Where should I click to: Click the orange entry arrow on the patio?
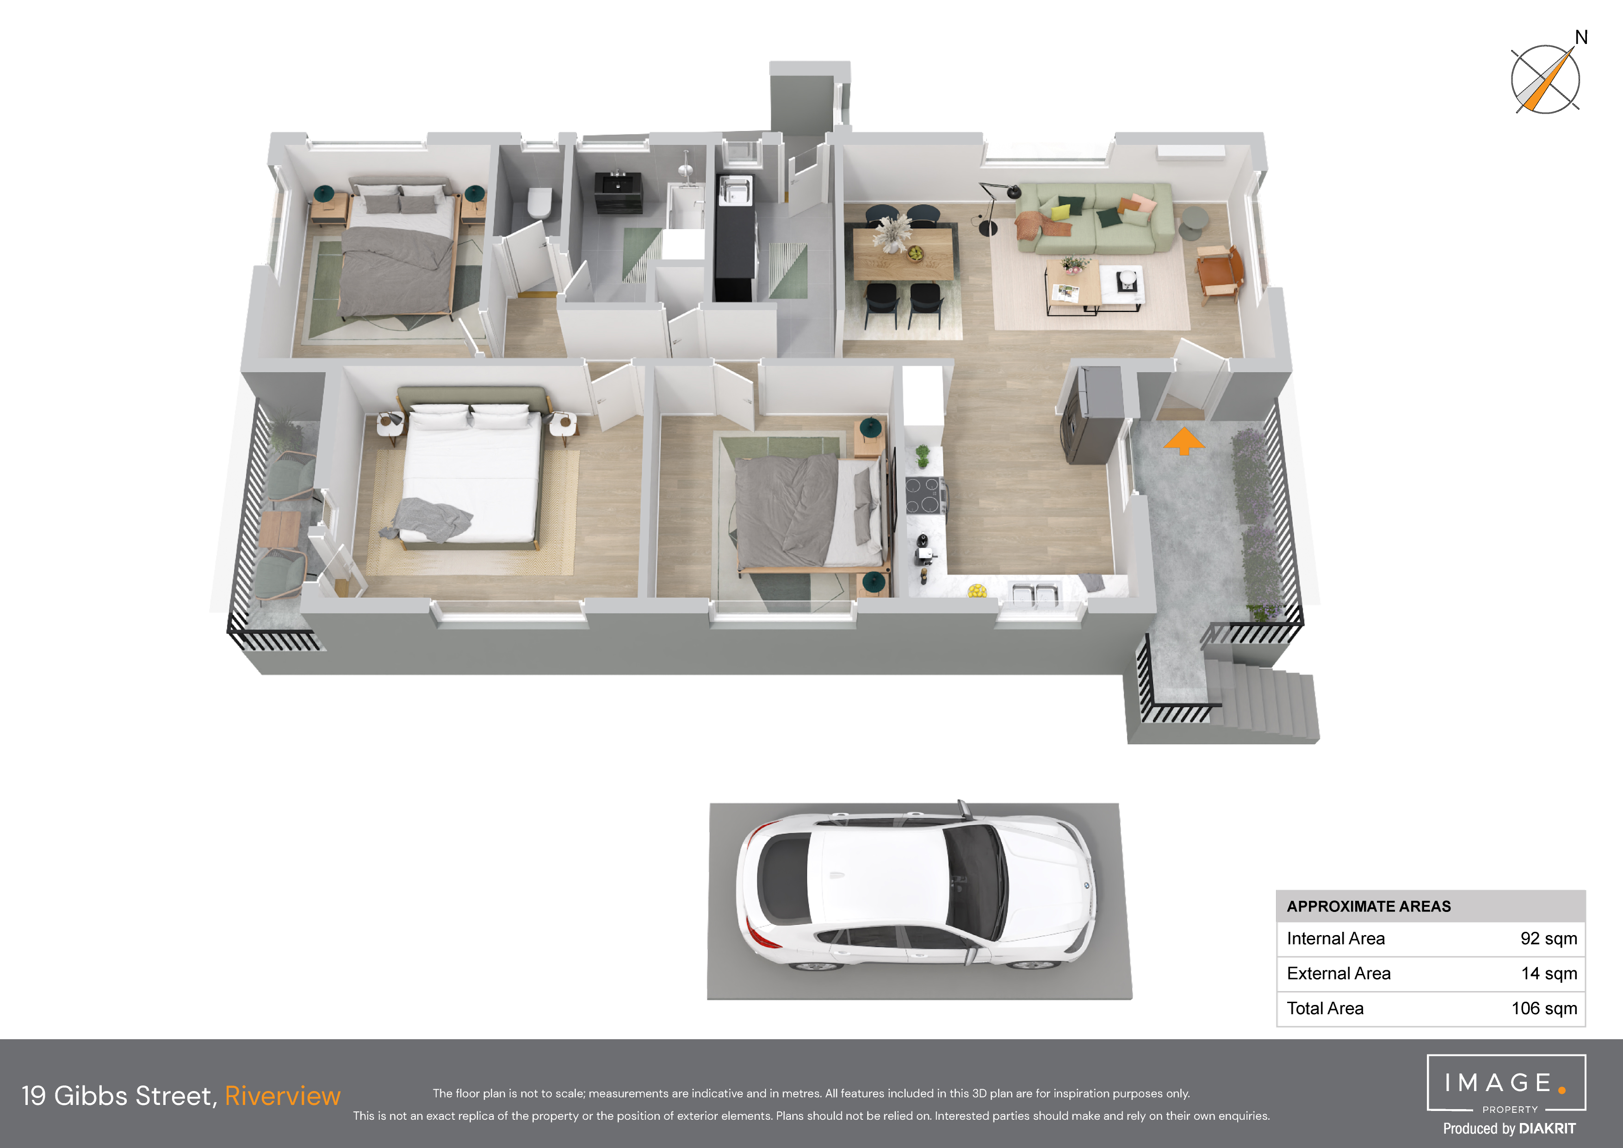[x=1184, y=441]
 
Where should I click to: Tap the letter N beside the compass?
[x=1581, y=37]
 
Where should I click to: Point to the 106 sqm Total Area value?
[x=1544, y=1009]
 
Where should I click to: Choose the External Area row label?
[x=1338, y=973]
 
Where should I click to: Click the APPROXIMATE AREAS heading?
[x=1369, y=906]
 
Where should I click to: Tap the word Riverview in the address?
[x=283, y=1096]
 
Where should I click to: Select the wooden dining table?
[x=904, y=253]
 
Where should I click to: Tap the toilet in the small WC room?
[x=539, y=203]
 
